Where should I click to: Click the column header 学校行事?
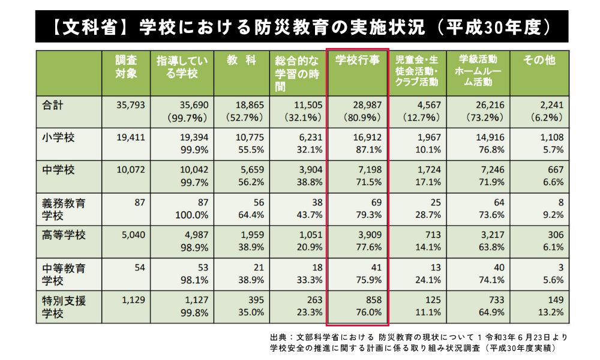[358, 61]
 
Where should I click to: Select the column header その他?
[539, 61]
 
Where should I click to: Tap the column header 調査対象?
[126, 67]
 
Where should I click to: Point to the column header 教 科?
[241, 61]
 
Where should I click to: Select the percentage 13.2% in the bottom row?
[550, 312]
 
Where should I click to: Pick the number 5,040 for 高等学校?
[131, 235]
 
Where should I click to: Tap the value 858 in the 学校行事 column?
[371, 300]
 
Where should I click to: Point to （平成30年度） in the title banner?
[494, 27]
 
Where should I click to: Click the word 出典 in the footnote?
[280, 337]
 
